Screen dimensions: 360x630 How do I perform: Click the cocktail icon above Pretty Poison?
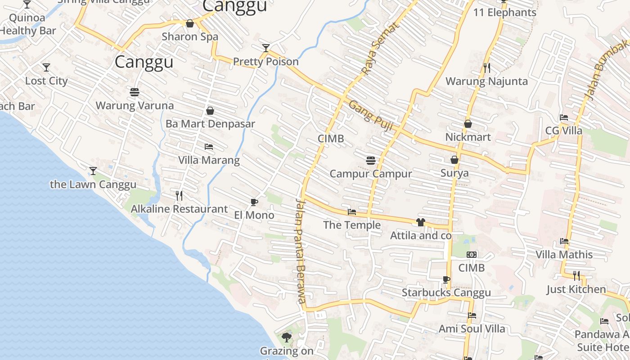click(x=266, y=48)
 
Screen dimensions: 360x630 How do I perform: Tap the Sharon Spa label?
click(x=190, y=37)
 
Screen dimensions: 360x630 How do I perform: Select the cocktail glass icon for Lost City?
click(x=46, y=67)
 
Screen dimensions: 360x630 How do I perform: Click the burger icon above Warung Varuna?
click(x=135, y=92)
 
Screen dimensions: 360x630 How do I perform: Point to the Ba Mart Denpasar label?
click(x=210, y=124)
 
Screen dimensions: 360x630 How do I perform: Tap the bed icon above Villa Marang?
click(x=209, y=147)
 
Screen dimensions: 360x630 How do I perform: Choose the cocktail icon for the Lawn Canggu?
click(x=93, y=171)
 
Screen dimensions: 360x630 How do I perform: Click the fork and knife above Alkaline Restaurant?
click(x=179, y=195)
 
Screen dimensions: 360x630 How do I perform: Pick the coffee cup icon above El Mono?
click(x=254, y=202)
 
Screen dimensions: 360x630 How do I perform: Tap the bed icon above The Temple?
click(x=352, y=212)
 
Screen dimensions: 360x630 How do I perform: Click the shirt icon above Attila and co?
click(x=420, y=222)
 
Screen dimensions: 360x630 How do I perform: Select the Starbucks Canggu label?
click(x=446, y=293)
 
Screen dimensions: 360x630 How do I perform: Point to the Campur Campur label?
click(x=371, y=174)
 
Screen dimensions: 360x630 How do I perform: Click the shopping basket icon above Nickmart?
click(x=468, y=124)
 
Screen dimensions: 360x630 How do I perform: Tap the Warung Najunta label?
click(x=486, y=81)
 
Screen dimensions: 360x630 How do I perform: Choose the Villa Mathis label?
click(x=564, y=255)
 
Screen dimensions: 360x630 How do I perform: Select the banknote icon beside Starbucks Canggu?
click(x=472, y=255)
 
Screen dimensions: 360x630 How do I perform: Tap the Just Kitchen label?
click(x=576, y=289)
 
